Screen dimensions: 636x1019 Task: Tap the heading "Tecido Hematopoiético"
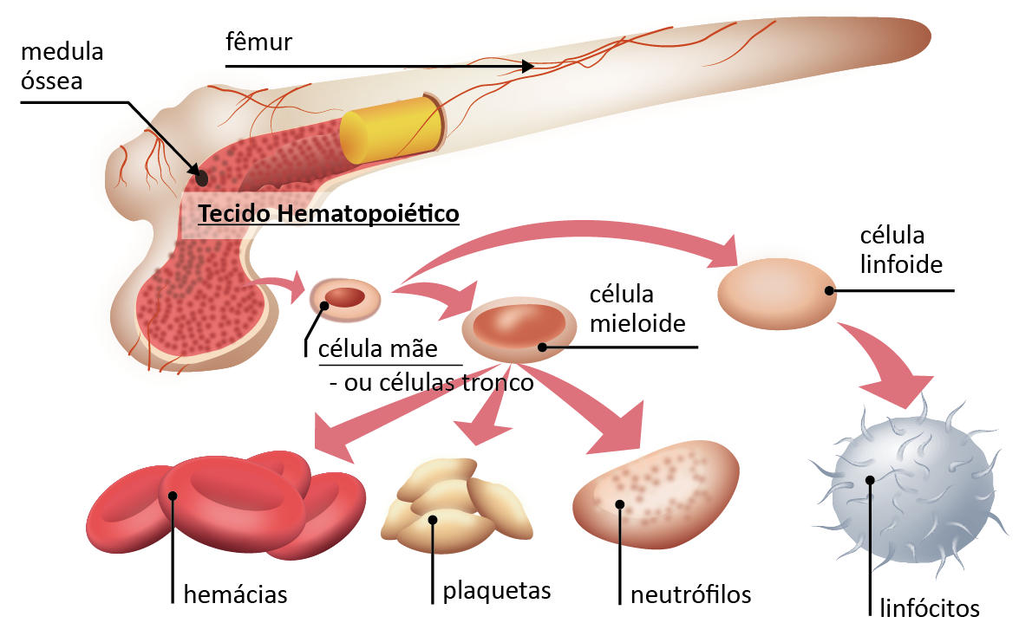point(328,213)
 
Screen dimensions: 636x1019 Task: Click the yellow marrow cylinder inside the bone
point(389,130)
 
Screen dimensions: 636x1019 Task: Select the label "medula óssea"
point(62,67)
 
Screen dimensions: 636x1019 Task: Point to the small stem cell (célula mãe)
point(345,298)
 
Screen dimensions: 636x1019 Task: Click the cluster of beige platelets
point(456,507)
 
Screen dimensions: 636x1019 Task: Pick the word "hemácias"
point(235,595)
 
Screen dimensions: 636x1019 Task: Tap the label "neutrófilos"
point(690,595)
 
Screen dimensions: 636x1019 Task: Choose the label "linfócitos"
point(930,607)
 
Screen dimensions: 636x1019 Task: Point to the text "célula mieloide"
point(637,308)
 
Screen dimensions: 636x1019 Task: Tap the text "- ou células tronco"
point(431,382)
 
